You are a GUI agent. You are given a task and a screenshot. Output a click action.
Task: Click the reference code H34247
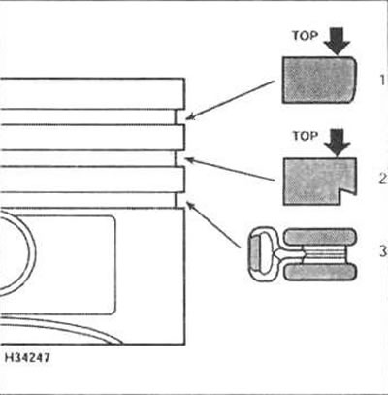27,358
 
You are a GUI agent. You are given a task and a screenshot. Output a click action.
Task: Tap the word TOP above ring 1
305,35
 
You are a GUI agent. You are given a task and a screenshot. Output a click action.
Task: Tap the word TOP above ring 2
306,136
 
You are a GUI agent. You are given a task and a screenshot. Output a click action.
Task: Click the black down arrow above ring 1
338,41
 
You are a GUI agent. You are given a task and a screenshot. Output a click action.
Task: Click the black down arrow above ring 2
338,143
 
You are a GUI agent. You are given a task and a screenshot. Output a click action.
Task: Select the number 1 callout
382,80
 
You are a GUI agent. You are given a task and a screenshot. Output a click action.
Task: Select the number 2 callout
383,179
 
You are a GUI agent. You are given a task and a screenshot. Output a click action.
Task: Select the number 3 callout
383,251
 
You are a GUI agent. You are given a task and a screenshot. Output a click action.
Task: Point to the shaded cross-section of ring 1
319,80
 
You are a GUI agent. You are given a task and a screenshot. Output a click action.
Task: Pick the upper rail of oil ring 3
320,237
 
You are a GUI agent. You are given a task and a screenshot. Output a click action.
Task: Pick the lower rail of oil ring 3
320,272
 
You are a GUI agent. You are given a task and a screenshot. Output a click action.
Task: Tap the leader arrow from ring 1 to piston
231,101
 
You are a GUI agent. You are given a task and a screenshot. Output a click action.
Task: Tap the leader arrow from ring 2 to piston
231,169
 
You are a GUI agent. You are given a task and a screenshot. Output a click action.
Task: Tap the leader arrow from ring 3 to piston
213,225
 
